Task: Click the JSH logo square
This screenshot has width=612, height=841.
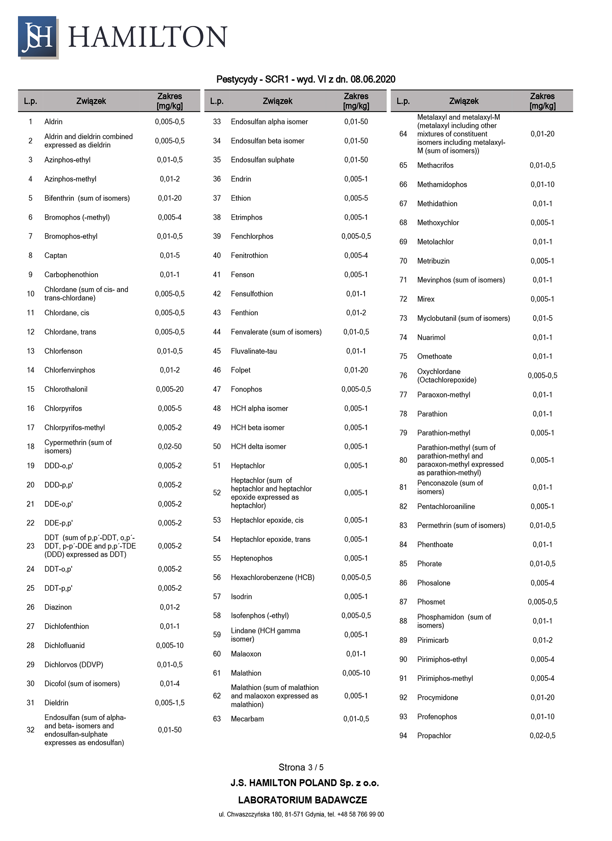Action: coord(38,37)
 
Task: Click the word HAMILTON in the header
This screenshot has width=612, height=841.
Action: coord(148,37)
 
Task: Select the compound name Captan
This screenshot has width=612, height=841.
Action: coord(55,255)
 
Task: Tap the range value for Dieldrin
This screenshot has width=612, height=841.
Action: coord(169,702)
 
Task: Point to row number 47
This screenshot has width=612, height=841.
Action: coord(217,389)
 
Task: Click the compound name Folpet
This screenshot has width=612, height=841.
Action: coord(241,370)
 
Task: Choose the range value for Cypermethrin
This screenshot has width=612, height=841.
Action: coord(169,446)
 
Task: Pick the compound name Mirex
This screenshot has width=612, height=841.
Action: coord(426,299)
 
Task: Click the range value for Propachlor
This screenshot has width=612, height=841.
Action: coord(542,735)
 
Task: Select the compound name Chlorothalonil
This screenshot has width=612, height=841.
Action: coord(66,389)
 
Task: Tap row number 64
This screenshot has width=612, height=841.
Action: coord(403,134)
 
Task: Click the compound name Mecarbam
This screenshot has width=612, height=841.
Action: coord(247,718)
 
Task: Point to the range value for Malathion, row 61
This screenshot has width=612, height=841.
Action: coord(356,672)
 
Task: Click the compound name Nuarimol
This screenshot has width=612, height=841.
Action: coord(431,337)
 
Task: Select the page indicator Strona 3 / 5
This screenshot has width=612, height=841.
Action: coord(301,767)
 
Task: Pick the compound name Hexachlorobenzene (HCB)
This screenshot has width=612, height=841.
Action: coord(272,577)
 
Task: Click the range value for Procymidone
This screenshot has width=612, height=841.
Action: coord(542,697)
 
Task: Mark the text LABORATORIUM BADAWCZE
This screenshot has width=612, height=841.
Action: coord(302,800)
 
